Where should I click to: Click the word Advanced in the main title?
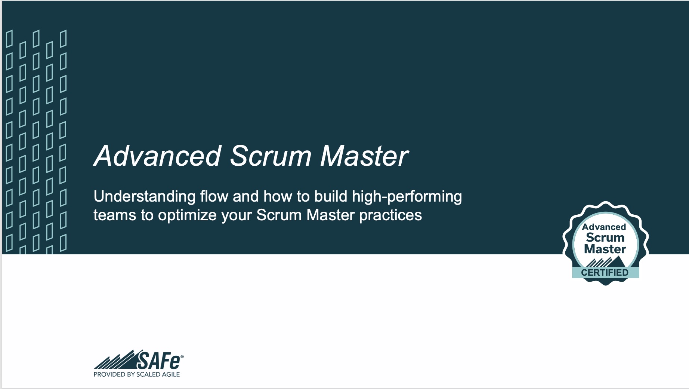coord(157,156)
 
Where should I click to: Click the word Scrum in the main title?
coord(271,156)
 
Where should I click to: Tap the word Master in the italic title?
coord(364,156)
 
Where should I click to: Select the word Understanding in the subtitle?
coord(145,197)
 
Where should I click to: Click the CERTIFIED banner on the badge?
coord(605,273)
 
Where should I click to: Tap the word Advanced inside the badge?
coord(604,227)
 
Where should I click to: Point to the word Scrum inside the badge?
coord(605,238)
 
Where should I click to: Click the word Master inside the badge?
coord(605,249)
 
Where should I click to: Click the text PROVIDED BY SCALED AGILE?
coord(136,374)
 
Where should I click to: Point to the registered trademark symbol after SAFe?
coord(182,357)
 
